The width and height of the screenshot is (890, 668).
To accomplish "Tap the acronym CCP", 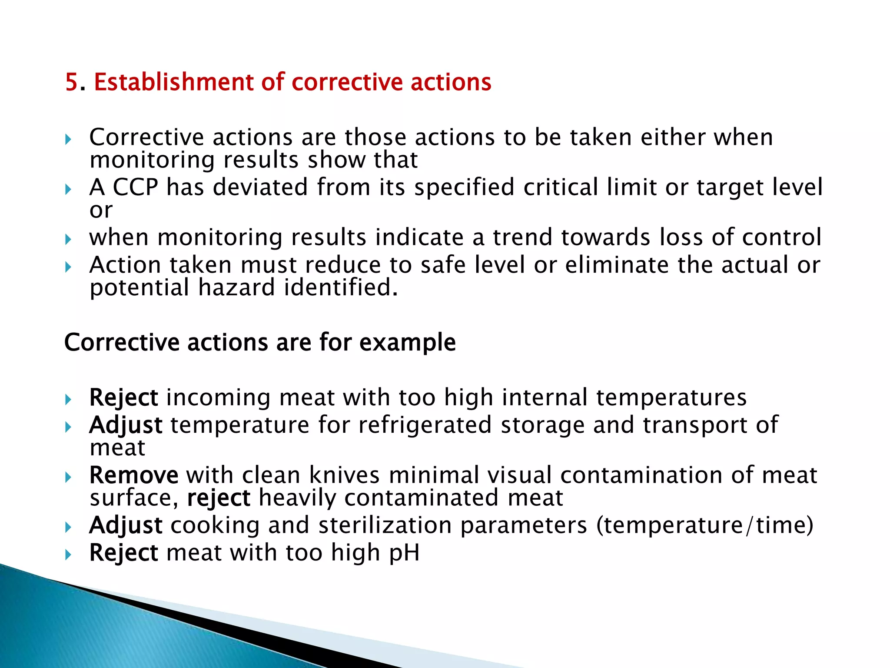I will tap(135, 187).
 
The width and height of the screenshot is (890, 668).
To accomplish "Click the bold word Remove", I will tap(133, 475).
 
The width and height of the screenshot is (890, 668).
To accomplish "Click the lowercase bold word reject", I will tap(218, 498).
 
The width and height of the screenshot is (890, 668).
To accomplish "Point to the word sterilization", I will tap(385, 525).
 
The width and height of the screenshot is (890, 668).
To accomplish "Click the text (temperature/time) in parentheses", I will tap(704, 525).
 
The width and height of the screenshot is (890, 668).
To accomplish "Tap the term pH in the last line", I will tap(404, 553).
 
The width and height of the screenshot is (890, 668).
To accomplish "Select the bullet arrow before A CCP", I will tap(68, 190).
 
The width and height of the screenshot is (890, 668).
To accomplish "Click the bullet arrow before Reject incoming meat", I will tap(68, 400).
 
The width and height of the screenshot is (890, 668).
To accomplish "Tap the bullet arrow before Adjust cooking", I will tap(68, 528).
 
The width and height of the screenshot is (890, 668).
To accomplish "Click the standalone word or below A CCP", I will tap(101, 210).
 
